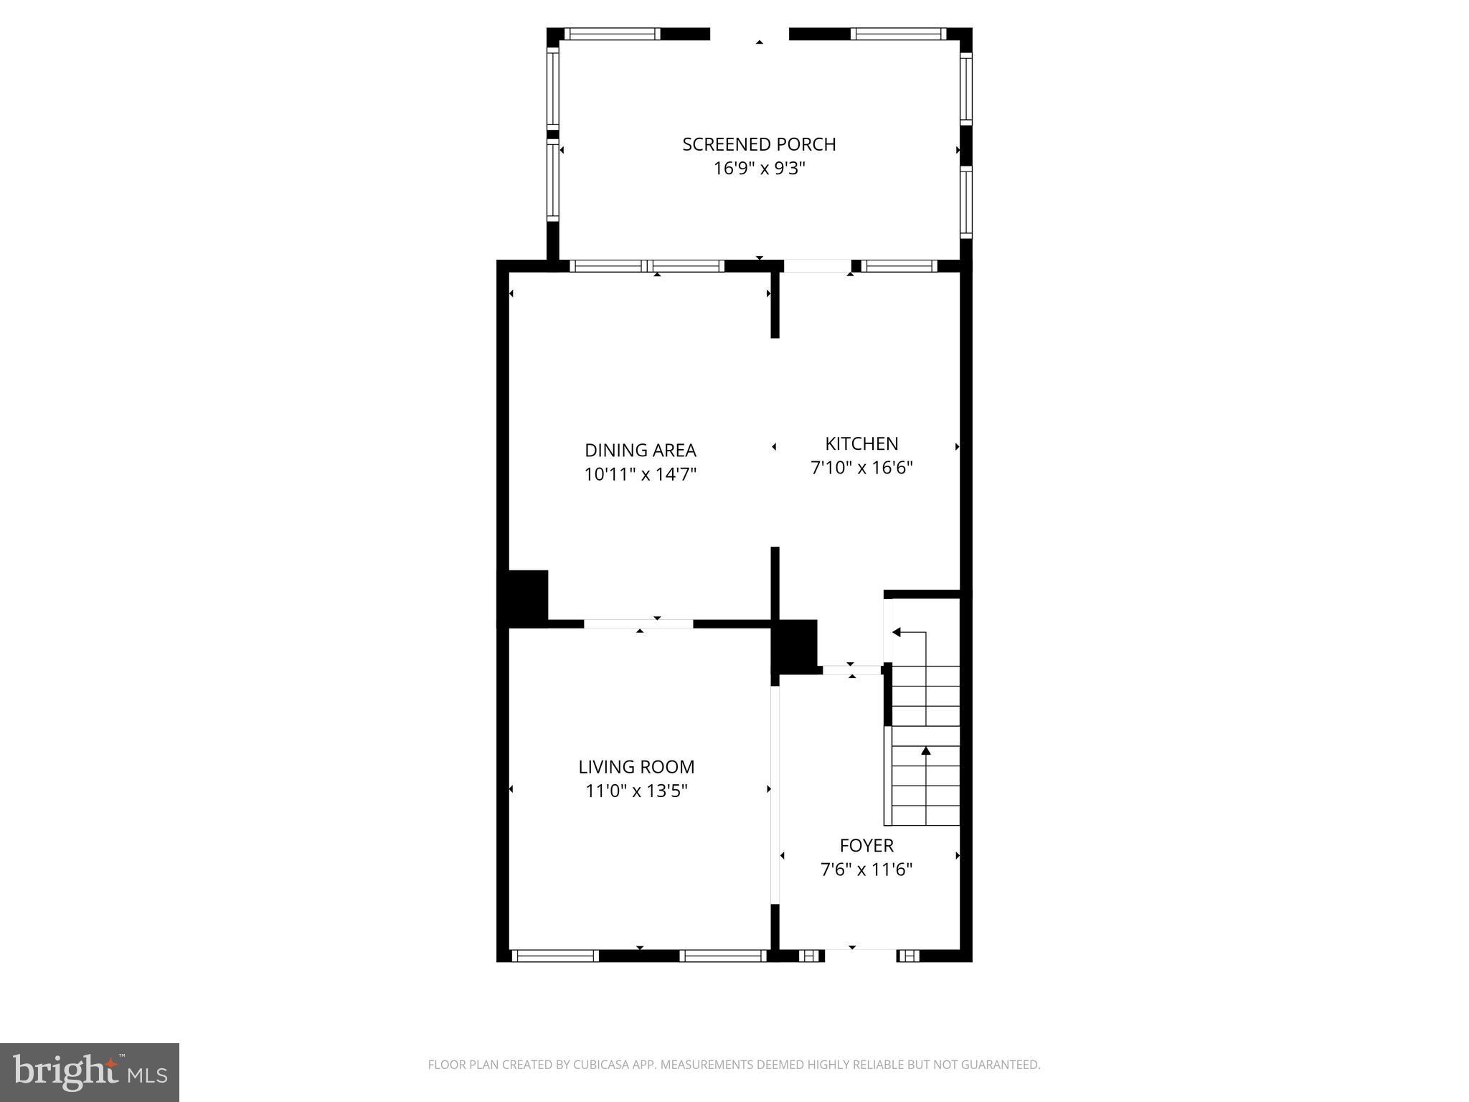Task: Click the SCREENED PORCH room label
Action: (759, 144)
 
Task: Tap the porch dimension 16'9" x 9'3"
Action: (759, 169)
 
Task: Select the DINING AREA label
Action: (640, 451)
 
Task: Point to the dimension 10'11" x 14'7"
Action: (640, 474)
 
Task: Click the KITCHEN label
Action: (861, 443)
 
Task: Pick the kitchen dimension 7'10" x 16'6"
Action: (861, 468)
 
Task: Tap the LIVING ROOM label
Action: (636, 767)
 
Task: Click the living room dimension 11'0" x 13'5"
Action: (636, 791)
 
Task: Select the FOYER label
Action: (866, 846)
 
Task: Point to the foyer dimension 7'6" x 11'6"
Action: (866, 870)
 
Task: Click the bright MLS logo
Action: (90, 1072)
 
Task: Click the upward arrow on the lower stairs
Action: (926, 750)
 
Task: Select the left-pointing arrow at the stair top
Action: (897, 632)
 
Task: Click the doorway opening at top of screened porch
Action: (750, 34)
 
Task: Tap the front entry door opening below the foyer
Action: (861, 955)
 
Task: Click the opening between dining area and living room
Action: (638, 623)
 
